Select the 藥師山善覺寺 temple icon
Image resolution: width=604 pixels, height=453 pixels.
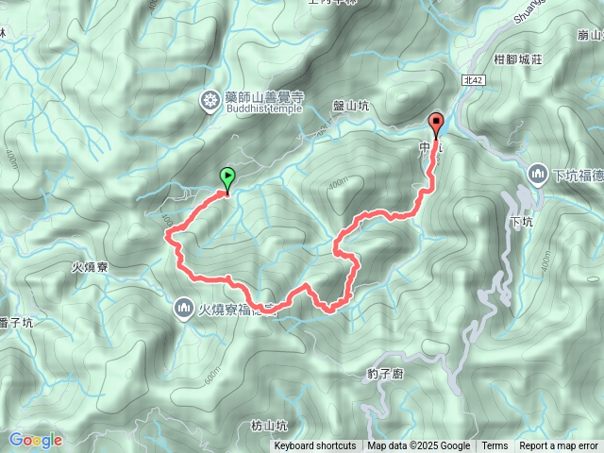tap(210, 98)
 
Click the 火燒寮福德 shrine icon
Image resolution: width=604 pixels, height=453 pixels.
tap(182, 308)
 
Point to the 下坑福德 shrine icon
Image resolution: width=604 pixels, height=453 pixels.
tap(538, 175)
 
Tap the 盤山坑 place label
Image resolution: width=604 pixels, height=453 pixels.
tap(351, 107)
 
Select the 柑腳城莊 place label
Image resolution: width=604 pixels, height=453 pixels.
tap(516, 59)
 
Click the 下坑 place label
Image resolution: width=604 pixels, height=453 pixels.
tap(520, 223)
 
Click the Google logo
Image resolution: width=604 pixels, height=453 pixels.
tap(35, 440)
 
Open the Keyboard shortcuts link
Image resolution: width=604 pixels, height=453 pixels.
tap(315, 446)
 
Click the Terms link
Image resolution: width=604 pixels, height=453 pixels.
tap(495, 446)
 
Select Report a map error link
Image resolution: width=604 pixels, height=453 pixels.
tap(559, 446)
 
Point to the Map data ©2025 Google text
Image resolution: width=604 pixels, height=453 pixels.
tap(419, 446)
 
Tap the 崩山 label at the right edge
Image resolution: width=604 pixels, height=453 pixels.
tap(590, 36)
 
